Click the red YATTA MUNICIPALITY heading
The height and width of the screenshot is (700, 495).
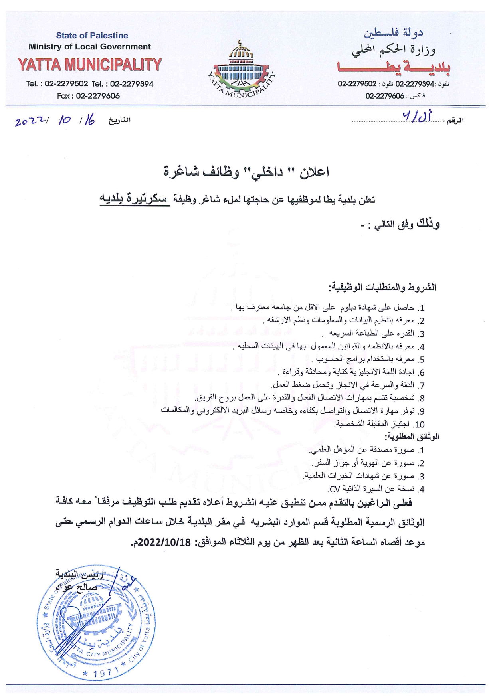click(90, 65)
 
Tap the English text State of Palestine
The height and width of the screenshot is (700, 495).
click(92, 36)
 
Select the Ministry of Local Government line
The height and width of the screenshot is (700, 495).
click(90, 47)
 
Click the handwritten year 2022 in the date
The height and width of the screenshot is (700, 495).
click(30, 121)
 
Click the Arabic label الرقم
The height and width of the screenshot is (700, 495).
click(455, 120)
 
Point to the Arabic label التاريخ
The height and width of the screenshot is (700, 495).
click(120, 120)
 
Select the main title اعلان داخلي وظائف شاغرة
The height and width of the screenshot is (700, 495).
click(247, 172)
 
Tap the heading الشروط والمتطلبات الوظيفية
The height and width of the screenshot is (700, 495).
click(382, 287)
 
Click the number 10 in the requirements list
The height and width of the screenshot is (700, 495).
click(419, 425)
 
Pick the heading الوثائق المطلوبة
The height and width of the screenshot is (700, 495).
click(412, 437)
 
